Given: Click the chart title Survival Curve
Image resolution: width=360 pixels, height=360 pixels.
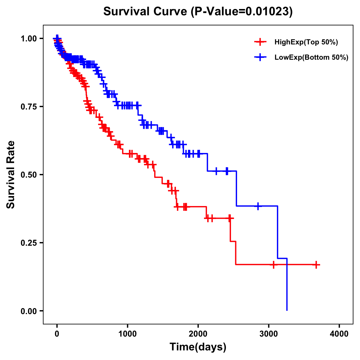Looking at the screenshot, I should coord(146,11).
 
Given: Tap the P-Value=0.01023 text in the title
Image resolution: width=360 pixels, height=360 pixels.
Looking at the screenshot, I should coord(242,11).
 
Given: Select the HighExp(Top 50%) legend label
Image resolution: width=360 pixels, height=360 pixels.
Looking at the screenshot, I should coord(306,42).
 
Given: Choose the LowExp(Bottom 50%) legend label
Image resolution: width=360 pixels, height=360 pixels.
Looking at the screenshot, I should coord(311,58).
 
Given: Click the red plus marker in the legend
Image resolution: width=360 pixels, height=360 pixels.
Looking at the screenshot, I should coord(260,42).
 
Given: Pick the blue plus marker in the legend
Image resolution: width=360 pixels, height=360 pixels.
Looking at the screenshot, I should coord(260,57).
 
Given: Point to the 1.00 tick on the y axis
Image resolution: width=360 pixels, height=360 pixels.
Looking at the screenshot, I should coord(28,39).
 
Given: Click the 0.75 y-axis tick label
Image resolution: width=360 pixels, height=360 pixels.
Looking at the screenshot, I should coord(28,107).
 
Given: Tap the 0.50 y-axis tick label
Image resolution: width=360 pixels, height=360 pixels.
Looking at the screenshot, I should coord(28,175).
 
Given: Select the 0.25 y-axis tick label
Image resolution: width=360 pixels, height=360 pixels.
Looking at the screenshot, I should coord(28,243).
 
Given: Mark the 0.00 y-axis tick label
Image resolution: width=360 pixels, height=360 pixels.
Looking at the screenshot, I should coord(28,311).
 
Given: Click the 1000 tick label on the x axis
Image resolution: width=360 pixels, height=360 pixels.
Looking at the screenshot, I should coord(127,334).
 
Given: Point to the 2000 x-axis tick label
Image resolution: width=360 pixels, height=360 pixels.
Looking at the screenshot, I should coord(198,334).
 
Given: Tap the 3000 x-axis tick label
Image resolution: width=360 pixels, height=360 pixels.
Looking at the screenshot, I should coord(269,334).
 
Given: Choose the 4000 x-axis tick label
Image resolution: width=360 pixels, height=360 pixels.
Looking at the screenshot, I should coord(339,334).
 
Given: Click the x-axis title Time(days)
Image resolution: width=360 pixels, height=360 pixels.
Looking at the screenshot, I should coord(198,347).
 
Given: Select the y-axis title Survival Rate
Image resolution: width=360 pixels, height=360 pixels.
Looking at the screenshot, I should coord(11,174).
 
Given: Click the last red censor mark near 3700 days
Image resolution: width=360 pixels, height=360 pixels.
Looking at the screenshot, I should coord(316,265).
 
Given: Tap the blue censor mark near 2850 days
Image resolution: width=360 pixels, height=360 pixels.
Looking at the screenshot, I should coord(258,206).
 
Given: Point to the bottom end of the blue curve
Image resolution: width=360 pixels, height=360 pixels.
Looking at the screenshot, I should coord(287,310).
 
